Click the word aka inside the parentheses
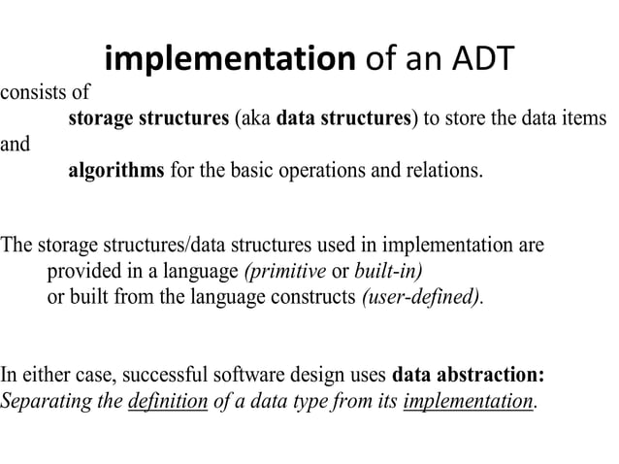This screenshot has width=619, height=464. (x=254, y=119)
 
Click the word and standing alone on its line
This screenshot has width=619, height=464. (x=15, y=146)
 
